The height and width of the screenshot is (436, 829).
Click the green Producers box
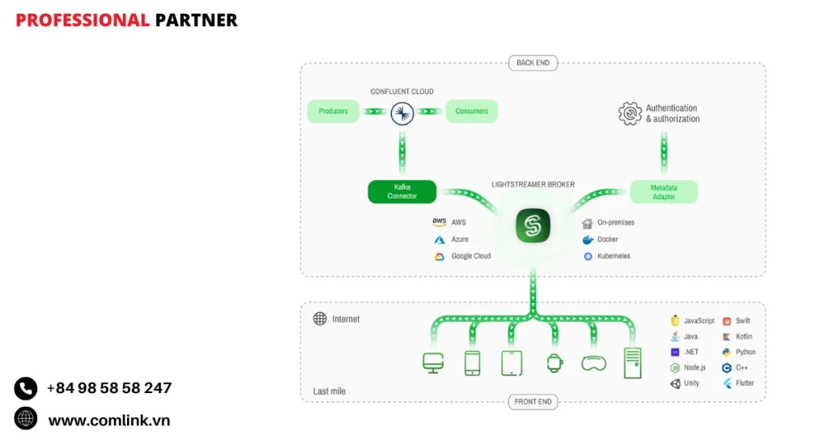(x=334, y=111)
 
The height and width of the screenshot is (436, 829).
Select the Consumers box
(x=471, y=111)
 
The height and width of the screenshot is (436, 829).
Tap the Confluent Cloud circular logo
(x=402, y=113)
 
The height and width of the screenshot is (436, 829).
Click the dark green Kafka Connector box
(x=402, y=192)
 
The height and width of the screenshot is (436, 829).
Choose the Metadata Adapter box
(x=664, y=192)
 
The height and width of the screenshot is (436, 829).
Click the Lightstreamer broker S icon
(x=533, y=225)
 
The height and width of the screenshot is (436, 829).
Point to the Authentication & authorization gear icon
(x=630, y=113)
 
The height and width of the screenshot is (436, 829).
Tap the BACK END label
(x=533, y=63)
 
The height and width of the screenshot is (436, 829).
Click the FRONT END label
(x=533, y=402)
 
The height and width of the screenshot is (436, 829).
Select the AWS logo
(x=439, y=222)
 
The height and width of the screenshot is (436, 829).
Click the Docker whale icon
(x=588, y=240)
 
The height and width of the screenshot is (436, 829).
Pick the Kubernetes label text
(x=614, y=256)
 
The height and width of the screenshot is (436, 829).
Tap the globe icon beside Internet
(x=320, y=319)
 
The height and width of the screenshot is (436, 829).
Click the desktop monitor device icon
(x=433, y=363)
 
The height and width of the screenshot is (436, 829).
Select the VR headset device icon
(x=593, y=364)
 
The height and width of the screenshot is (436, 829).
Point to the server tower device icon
(x=632, y=363)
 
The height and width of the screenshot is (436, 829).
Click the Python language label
(x=746, y=353)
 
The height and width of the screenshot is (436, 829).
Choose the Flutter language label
(x=745, y=383)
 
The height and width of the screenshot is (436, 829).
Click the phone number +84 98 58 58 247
(x=109, y=388)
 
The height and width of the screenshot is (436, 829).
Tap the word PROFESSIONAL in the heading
(x=83, y=20)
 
